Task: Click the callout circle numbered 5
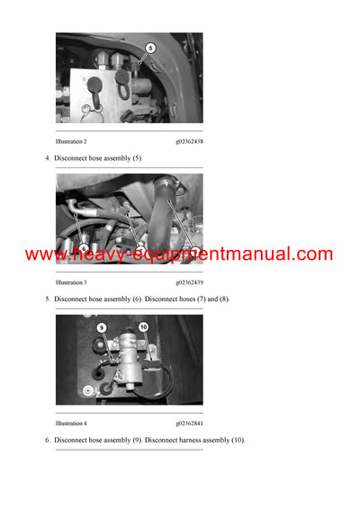tap(150, 48)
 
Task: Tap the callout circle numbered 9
tap(102, 328)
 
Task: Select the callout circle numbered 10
tap(143, 328)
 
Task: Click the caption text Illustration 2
tap(71, 142)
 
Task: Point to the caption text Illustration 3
tap(71, 282)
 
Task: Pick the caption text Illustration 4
tap(71, 423)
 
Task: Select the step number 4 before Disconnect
tap(47, 158)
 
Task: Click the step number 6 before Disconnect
tap(47, 440)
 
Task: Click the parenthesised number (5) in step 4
tap(135, 158)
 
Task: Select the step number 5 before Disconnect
tap(47, 299)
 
